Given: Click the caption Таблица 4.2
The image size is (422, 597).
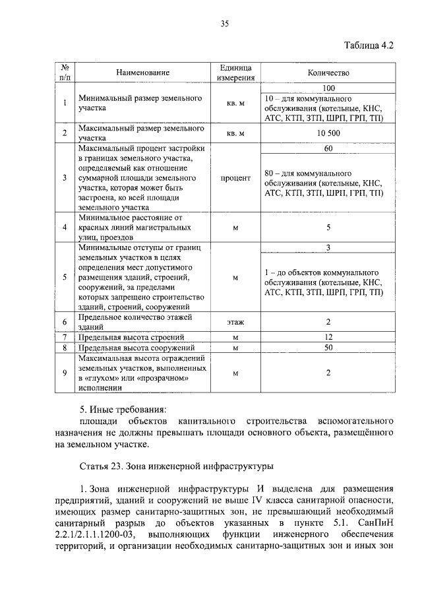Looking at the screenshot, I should point(369,46).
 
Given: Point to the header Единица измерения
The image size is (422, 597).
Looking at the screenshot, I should point(235,73).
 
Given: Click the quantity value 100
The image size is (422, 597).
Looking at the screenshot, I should point(328,88).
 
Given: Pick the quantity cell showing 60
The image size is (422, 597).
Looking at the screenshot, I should point(328,148).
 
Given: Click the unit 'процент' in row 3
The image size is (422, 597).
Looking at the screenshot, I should point(235,177).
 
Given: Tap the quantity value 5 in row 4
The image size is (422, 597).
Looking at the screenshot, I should point(328,228).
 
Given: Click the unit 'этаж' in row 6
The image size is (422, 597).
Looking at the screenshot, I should point(235,322).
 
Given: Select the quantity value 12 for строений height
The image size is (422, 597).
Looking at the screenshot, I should point(328,337).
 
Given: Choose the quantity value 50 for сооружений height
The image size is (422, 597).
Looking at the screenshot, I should point(328,347).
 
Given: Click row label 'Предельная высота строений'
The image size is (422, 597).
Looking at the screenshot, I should point(127,337).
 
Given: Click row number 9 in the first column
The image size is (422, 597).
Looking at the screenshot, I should point(65,373).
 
